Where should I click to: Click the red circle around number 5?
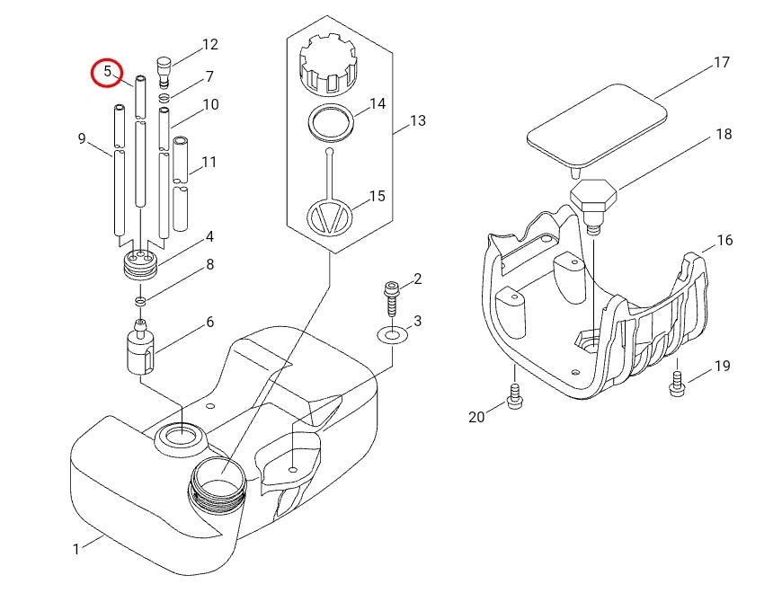tap(107, 60)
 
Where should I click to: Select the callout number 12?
tap(210, 44)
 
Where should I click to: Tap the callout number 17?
tap(722, 62)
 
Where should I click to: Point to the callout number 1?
tap(76, 549)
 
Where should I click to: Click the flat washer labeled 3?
tap(393, 335)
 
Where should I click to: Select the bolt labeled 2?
tap(391, 298)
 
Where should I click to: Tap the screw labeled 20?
tap(515, 396)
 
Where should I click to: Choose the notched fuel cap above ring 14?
tap(328, 65)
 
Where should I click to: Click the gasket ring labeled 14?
tap(331, 123)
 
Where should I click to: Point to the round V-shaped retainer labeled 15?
tap(329, 217)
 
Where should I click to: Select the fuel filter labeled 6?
tap(140, 348)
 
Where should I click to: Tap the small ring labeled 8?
tap(140, 300)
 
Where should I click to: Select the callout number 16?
tap(724, 240)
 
